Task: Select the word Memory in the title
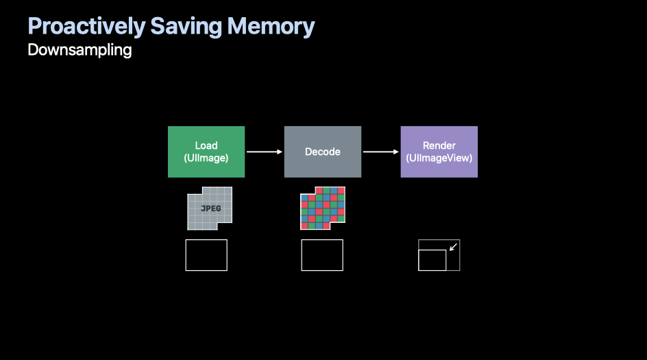click(x=271, y=27)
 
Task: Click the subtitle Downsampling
click(x=80, y=50)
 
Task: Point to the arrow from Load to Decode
click(x=265, y=152)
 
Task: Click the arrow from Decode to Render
click(x=381, y=152)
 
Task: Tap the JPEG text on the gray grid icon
click(x=210, y=208)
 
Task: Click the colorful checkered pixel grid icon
click(x=323, y=208)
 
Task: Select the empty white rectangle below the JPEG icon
click(x=206, y=255)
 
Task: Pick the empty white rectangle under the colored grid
click(x=322, y=255)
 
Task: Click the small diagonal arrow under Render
click(x=452, y=247)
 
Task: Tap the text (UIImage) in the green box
click(x=206, y=158)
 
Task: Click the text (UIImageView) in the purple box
click(x=439, y=158)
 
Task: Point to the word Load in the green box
click(x=206, y=145)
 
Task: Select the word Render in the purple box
click(x=439, y=145)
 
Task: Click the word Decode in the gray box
click(x=322, y=152)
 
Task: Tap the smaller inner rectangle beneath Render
click(x=432, y=261)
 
